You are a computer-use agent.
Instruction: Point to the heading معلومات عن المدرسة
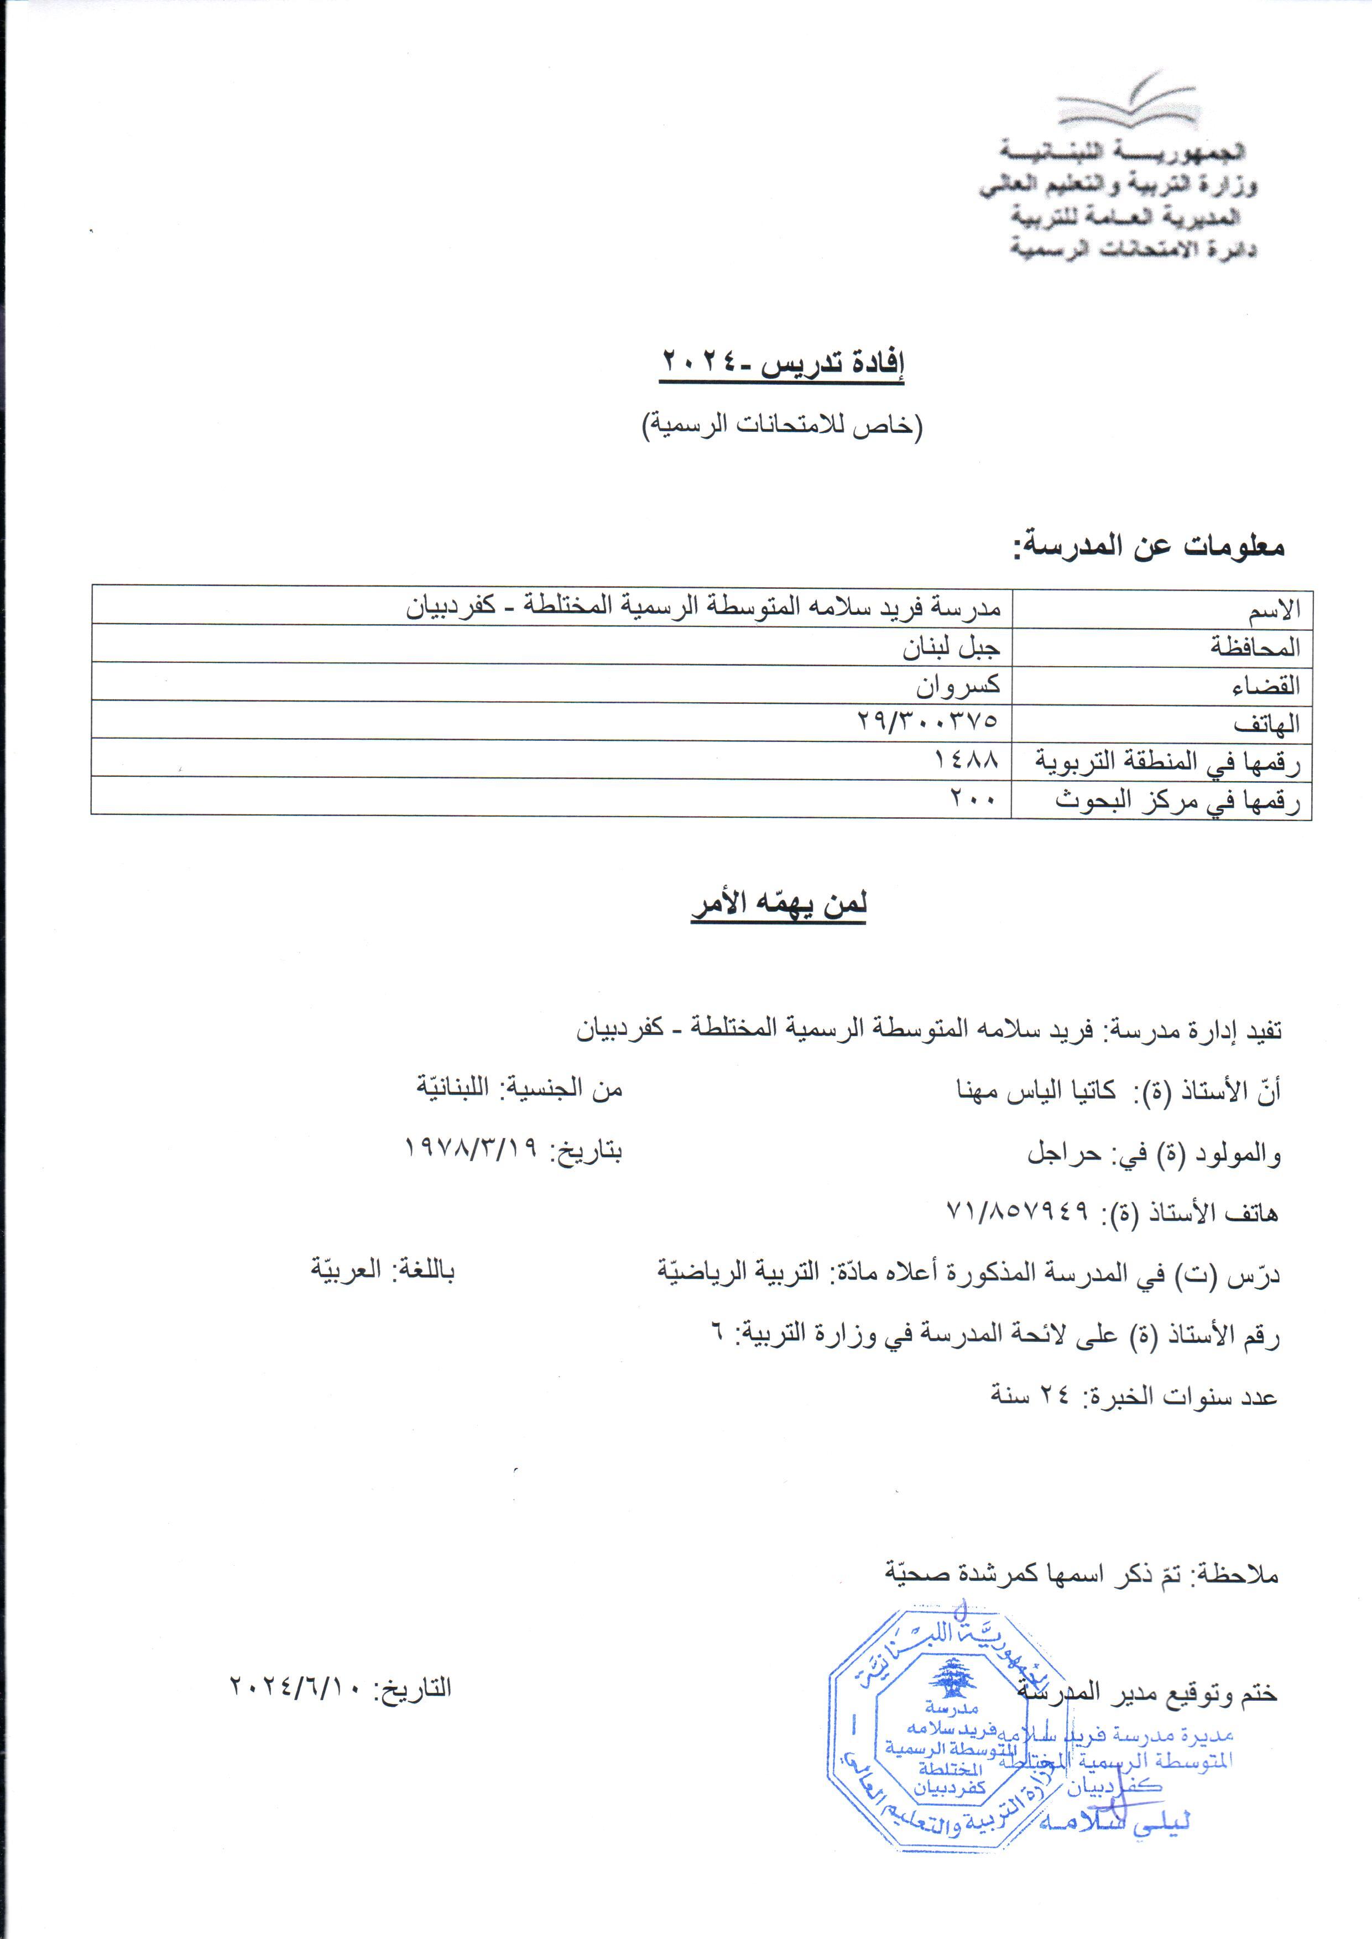point(1149,546)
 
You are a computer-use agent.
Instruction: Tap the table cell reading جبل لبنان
point(951,647)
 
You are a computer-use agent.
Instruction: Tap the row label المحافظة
point(1255,648)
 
